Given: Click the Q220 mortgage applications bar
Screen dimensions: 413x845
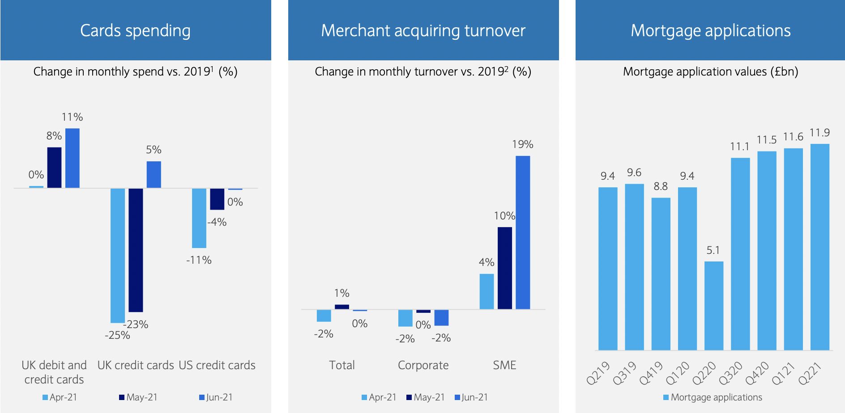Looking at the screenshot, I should pos(713,306).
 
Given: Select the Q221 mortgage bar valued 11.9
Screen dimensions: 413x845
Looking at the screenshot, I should pos(819,247).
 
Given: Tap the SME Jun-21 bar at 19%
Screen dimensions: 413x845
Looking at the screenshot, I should pos(523,232).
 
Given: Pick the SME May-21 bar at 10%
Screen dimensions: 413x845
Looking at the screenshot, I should pos(505,268).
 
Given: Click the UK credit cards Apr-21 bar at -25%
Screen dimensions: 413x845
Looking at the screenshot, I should pos(118,255).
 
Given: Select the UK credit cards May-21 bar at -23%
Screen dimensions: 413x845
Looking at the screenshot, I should pos(136,250).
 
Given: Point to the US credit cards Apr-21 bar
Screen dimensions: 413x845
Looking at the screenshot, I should pos(199,218).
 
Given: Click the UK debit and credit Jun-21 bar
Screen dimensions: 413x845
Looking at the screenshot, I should pos(73,158).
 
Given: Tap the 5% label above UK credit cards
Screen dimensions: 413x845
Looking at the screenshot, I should pos(154,150).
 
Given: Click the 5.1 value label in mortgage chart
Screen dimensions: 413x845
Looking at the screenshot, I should pos(713,250).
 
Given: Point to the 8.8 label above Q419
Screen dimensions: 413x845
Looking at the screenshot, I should pos(661,186).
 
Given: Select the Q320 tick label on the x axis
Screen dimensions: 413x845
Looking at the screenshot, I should pos(730,374).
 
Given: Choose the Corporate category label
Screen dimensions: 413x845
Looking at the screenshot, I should pos(423,365).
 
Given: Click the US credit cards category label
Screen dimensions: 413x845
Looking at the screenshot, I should pos(217,365).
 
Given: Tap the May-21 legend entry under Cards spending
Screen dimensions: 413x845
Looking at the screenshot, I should pos(138,397).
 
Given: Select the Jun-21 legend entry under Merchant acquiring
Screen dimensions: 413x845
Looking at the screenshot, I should pos(471,397).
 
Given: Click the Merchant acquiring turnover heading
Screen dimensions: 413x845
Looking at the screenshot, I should pos(423,30).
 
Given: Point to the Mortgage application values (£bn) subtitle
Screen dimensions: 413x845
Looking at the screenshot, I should pos(710,72).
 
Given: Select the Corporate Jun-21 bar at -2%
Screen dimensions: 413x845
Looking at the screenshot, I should pos(441,317).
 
